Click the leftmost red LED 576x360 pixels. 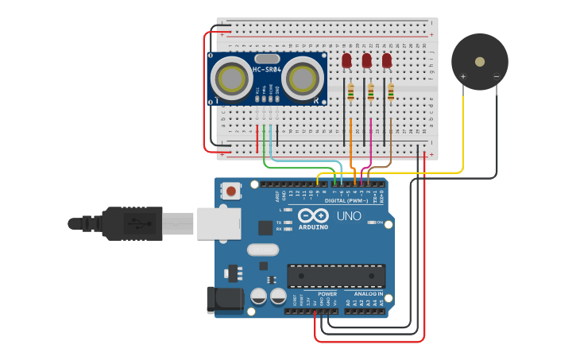tap(346, 60)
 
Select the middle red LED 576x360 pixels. tap(366, 60)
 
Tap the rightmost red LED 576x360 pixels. tap(387, 60)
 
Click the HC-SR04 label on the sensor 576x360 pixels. tap(268, 70)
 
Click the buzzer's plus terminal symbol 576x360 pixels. tap(463, 77)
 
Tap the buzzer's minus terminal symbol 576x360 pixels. tap(496, 77)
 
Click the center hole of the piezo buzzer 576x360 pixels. tap(480, 61)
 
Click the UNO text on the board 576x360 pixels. tap(349, 216)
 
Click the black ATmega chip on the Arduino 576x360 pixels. tap(336, 276)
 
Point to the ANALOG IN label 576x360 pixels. tap(368, 293)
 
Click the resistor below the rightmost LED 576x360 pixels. tap(391, 94)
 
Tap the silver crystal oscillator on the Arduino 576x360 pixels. tap(263, 250)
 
